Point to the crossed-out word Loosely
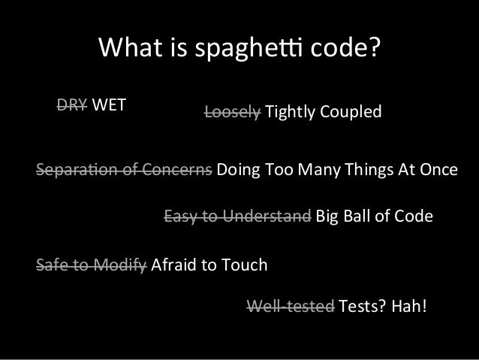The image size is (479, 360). (x=233, y=112)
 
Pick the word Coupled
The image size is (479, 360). (x=353, y=112)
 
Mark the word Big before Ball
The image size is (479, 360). (x=329, y=217)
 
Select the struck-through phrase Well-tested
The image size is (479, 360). (x=291, y=306)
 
